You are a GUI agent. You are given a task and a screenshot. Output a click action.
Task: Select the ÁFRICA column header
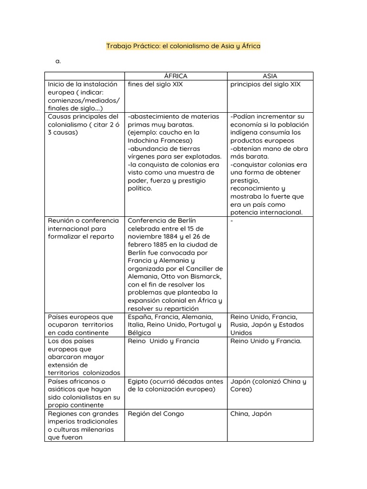(175, 76)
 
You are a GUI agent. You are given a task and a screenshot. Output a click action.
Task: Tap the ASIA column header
(270, 76)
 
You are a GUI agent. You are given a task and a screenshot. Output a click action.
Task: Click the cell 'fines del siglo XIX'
(155, 84)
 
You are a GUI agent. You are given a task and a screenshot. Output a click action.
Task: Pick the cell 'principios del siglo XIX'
(265, 84)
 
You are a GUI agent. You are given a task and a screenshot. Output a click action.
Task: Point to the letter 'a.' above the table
(58, 61)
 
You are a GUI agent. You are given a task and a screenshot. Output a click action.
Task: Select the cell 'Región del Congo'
(155, 414)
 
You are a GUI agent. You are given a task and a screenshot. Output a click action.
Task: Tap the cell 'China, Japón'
(250, 414)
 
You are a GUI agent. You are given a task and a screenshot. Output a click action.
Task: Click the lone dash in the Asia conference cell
(232, 221)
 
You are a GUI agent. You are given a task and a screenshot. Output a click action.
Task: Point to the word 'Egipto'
(139, 382)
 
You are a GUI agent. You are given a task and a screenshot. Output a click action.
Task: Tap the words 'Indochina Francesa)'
(160, 140)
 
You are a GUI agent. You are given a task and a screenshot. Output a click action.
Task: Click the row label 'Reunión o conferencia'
(83, 221)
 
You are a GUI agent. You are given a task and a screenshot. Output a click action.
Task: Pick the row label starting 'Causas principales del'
(83, 117)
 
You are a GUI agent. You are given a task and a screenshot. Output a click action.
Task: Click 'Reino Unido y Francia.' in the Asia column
(266, 341)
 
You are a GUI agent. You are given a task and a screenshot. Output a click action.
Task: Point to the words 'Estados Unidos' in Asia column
(264, 329)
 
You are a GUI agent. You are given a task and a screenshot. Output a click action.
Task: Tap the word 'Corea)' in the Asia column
(242, 389)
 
